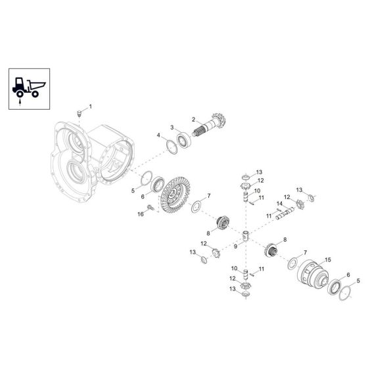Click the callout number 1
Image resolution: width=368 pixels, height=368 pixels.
[x=91, y=106]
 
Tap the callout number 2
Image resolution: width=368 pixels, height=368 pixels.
[x=193, y=119]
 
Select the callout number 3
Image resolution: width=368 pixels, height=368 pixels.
[x=172, y=127]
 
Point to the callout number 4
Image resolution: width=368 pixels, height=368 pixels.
[x=158, y=135]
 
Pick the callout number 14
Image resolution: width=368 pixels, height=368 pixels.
[x=278, y=203]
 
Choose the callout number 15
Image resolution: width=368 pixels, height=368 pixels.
[x=327, y=260]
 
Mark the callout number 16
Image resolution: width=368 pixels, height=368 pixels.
[x=140, y=214]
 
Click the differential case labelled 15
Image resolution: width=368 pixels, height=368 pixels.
[x=313, y=275]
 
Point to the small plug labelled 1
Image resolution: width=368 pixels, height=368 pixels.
[x=80, y=113]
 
